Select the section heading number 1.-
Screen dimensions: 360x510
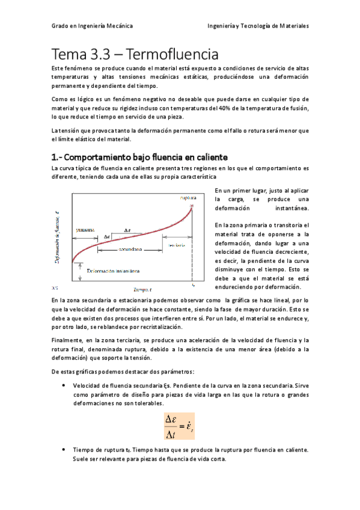tap(58, 157)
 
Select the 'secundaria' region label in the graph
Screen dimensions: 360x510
tap(130, 248)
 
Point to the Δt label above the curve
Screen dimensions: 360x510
tap(127, 229)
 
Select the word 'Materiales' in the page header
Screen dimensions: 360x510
tap(291, 26)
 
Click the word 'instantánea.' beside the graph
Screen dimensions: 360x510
tap(291, 209)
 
